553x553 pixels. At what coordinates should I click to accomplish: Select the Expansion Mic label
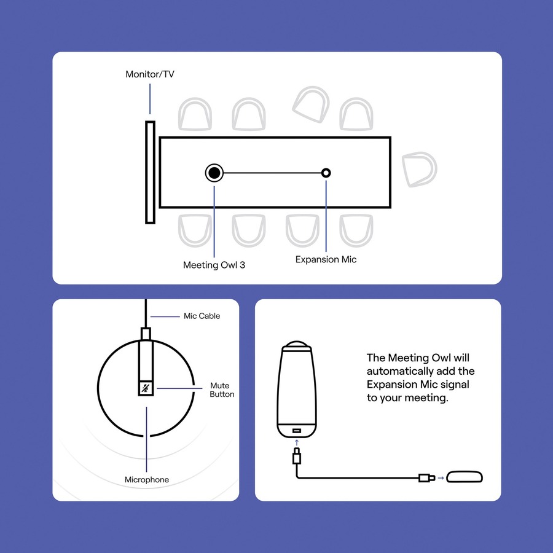click(x=326, y=259)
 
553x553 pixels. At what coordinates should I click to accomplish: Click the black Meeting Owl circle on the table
click(x=214, y=173)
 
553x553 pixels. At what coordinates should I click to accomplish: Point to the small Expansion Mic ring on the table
click(x=326, y=173)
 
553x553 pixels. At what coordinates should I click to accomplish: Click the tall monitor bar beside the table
click(x=150, y=172)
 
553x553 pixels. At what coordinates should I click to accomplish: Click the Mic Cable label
click(x=202, y=316)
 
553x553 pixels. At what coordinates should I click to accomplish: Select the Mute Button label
click(x=221, y=390)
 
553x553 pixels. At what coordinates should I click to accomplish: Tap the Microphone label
click(x=146, y=479)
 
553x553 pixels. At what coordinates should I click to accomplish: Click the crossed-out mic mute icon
click(x=146, y=388)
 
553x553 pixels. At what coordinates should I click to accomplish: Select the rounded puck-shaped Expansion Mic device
click(x=463, y=477)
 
